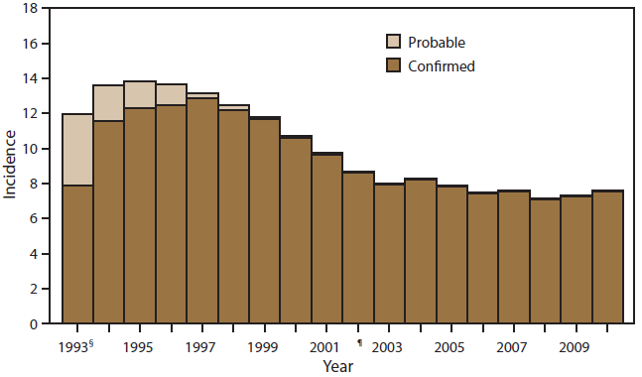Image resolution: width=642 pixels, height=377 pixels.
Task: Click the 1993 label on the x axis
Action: coord(72,347)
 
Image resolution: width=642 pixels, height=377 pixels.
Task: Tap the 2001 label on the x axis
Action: coord(325,347)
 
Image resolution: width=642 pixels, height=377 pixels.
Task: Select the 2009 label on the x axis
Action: coord(576,347)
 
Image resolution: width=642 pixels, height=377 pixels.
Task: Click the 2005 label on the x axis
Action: coord(450,347)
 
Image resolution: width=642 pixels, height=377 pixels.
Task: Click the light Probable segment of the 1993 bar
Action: coord(77,149)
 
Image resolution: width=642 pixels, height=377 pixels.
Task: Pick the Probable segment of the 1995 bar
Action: coord(140,94)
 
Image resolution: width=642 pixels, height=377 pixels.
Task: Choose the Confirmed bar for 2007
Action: coord(514,258)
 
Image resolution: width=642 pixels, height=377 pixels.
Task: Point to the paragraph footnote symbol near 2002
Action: coord(360,341)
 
